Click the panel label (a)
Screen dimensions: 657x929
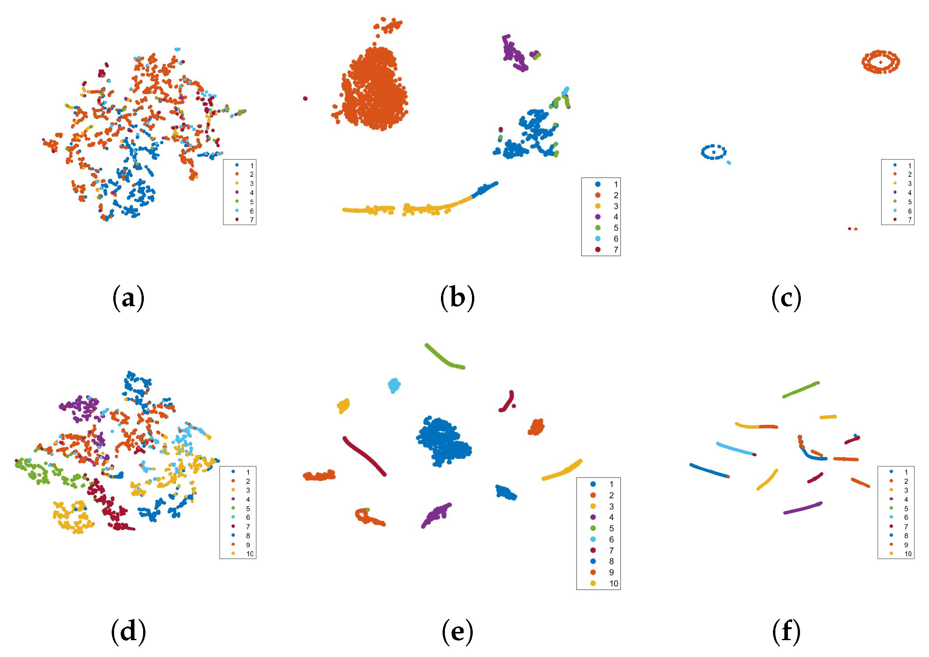tap(128, 298)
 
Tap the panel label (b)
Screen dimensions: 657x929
tap(457, 298)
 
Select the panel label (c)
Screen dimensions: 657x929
tap(786, 298)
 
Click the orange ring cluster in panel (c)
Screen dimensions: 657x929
tap(880, 62)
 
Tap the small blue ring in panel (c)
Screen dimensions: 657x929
tap(713, 152)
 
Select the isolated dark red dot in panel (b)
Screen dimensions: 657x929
tap(305, 98)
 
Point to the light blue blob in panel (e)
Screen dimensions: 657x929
tap(394, 385)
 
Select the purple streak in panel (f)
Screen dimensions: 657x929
tap(802, 508)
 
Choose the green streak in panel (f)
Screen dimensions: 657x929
tap(800, 390)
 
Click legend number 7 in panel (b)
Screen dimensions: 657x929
tap(616, 250)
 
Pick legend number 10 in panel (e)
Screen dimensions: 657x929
tap(613, 583)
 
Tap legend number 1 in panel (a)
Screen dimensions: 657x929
tap(252, 165)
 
